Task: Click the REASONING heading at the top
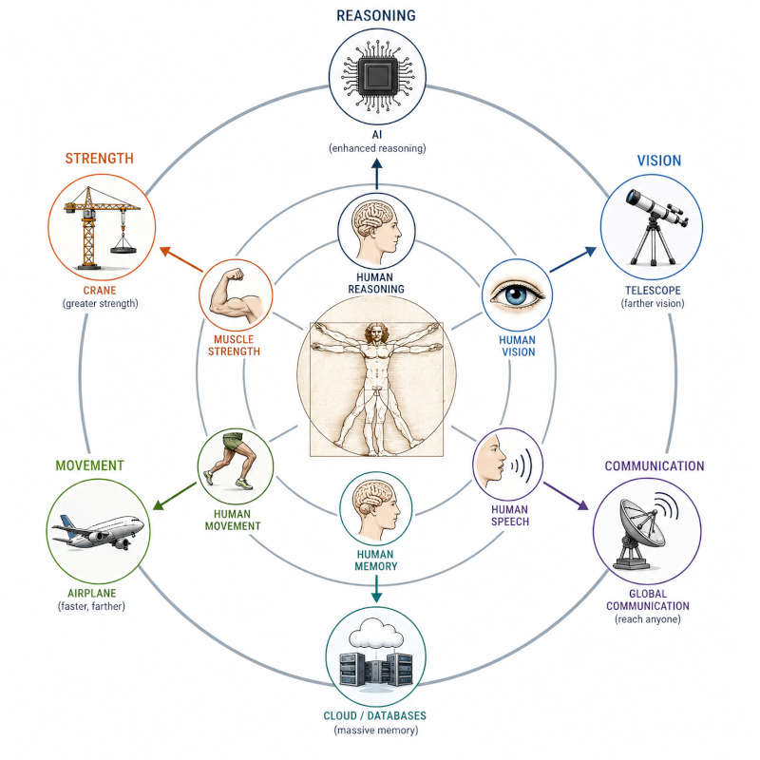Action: tap(376, 15)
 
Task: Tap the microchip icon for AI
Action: tap(377, 77)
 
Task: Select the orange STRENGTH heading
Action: tap(100, 159)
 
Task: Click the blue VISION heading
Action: tap(658, 161)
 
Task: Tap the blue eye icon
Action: tap(517, 294)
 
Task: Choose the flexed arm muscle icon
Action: tap(237, 295)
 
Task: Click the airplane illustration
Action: tap(99, 532)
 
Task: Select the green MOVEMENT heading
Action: tap(89, 465)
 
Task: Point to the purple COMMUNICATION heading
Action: tap(655, 465)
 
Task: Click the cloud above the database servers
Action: tap(376, 632)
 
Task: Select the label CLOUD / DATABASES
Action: tap(374, 715)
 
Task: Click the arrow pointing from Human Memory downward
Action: tap(376, 588)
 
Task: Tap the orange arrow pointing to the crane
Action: tap(180, 258)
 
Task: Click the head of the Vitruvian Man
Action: tap(374, 333)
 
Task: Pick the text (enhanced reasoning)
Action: tap(377, 148)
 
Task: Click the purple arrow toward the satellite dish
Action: tap(566, 496)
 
